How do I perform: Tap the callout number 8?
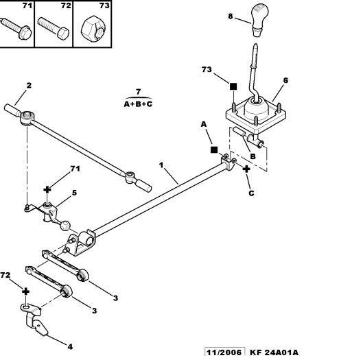(231, 16)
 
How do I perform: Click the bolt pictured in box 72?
(54, 27)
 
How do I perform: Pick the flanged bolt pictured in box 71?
(16, 28)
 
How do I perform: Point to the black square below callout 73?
(233, 86)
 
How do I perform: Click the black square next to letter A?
(214, 149)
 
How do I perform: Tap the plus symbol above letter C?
(246, 169)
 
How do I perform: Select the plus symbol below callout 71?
(47, 190)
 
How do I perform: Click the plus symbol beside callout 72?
(25, 291)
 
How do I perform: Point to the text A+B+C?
(138, 104)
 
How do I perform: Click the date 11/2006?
(224, 352)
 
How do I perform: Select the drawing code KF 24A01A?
(274, 352)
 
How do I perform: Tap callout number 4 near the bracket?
(70, 346)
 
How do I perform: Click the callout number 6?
(285, 80)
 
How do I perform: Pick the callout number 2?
(29, 86)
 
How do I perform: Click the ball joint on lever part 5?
(65, 226)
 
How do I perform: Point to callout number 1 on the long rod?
(161, 165)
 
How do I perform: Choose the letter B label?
(253, 156)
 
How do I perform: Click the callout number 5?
(74, 193)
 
